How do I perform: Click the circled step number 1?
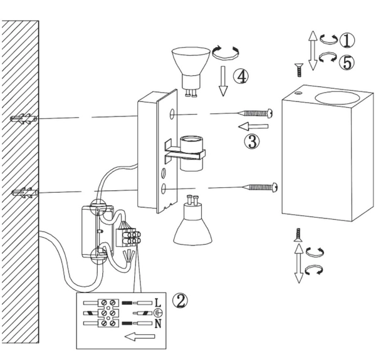tap(347, 40)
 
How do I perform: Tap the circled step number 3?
tap(251, 141)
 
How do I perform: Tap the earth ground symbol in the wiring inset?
tap(158, 312)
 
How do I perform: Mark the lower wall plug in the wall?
tap(23, 191)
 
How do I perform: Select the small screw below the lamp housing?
tap(299, 236)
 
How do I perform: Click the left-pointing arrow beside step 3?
tap(254, 127)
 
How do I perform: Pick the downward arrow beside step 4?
tap(222, 83)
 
